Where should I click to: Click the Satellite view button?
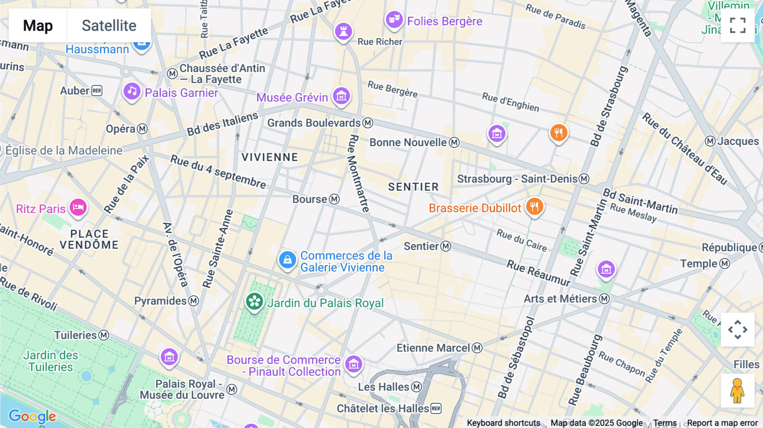(109, 25)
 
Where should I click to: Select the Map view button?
(38, 25)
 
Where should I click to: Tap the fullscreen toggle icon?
(738, 25)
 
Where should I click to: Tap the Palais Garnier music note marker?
(132, 92)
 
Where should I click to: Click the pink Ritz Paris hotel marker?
(78, 208)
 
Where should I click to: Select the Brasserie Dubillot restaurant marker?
(535, 207)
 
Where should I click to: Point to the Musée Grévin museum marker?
(341, 96)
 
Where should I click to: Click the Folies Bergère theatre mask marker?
(394, 19)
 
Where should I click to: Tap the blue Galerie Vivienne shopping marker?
(287, 260)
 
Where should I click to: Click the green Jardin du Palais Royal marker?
(254, 302)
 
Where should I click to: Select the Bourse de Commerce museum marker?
(354, 364)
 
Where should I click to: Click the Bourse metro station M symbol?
(334, 199)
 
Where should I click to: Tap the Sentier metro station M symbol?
(446, 246)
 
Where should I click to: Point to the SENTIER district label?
(413, 187)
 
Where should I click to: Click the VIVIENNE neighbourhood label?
(270, 157)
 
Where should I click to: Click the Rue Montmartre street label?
(359, 174)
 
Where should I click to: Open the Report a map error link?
(722, 423)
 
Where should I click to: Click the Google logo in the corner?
(32, 416)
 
